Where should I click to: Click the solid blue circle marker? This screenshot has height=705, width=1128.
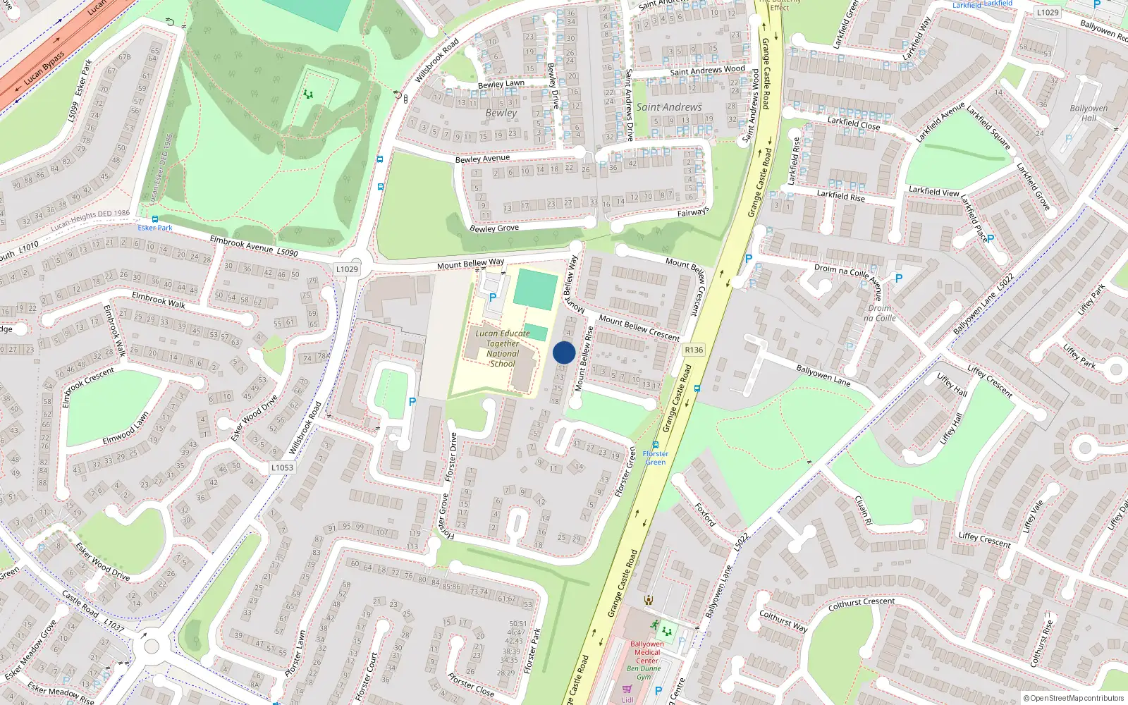[564, 352]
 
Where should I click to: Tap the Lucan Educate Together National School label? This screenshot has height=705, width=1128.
[503, 348]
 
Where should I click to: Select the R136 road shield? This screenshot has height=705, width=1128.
[694, 350]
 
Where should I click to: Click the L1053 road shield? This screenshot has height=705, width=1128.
[282, 467]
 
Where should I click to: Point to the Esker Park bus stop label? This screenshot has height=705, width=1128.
[155, 228]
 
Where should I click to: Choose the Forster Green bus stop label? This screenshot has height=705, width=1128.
[656, 458]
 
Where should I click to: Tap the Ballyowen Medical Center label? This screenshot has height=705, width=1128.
[647, 652]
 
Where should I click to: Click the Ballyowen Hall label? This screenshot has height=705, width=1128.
[1089, 113]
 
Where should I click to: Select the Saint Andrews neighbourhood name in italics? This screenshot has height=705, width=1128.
[669, 107]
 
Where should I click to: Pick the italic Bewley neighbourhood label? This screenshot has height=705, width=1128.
[501, 113]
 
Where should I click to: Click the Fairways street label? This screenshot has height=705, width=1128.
[693, 212]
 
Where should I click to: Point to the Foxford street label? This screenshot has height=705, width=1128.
[705, 515]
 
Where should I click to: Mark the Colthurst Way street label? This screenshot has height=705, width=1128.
[783, 620]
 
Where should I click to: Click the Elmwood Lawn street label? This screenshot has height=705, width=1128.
[125, 429]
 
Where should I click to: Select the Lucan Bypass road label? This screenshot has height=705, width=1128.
[44, 68]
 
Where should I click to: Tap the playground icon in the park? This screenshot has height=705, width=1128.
[307, 94]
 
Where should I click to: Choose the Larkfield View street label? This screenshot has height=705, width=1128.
[933, 191]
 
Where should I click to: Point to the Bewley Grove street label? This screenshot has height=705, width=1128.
[494, 228]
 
